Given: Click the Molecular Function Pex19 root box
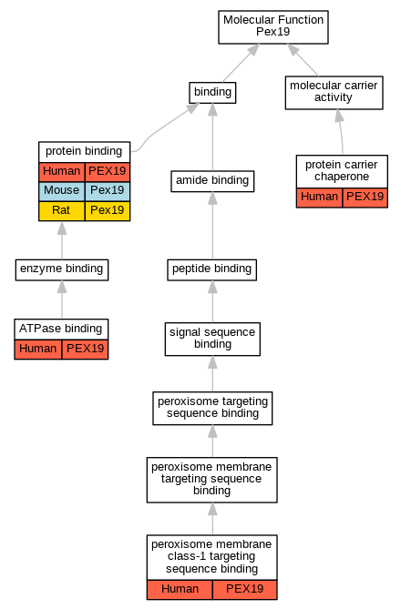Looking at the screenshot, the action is pos(273,27).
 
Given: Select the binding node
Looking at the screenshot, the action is pos(212,93).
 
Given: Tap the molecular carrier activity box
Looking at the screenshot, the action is pos(334,93).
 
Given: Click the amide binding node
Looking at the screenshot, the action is pos(212,181).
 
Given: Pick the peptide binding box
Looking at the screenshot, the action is pos(212,269).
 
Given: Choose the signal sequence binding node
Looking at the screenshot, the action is pos(212,339).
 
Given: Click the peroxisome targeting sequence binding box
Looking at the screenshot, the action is pos(212,408).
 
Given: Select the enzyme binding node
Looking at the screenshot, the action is pos(62,269).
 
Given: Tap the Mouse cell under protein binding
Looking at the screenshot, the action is pos(62,191).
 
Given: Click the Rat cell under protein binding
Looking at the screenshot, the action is pos(62,211).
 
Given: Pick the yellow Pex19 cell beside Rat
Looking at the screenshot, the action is pos(108,211).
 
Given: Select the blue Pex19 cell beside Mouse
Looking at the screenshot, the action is pos(108,191).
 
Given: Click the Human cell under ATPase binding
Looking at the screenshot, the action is pos(38,350).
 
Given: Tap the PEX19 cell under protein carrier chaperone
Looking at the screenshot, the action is pos(365,198).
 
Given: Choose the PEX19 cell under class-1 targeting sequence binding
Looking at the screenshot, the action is pos(244,590).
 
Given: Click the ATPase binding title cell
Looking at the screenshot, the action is pos(61,329).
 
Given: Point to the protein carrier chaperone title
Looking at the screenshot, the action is pos(342,171).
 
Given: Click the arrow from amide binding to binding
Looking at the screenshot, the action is pos(212,137).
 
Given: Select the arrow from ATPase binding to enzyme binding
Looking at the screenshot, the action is pos(62,299).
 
